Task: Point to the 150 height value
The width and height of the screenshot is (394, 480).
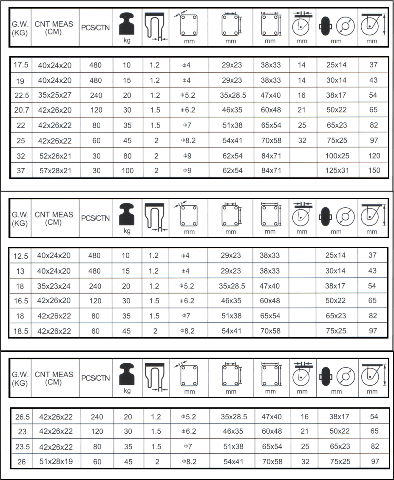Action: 374,171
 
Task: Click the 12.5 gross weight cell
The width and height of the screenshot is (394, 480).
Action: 20,256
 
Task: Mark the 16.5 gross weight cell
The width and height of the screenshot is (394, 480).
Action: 20,301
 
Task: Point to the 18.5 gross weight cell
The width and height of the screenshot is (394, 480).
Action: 20,331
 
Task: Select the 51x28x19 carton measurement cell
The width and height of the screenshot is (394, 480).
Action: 56,461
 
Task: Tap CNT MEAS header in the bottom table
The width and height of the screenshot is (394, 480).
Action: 54,378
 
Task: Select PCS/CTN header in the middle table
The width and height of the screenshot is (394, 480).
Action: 95,218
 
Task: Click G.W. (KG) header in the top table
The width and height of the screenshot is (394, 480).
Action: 20,28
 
